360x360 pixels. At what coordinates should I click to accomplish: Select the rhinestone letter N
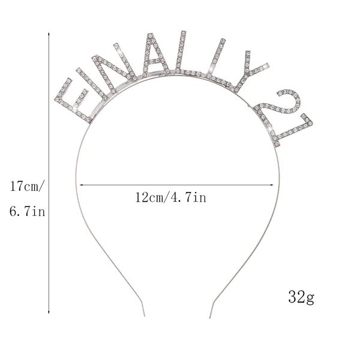tap(113, 69)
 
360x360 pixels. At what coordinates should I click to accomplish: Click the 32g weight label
tap(301, 297)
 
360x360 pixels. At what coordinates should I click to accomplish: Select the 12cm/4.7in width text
tap(170, 197)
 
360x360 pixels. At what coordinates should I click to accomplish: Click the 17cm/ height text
tap(26, 186)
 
